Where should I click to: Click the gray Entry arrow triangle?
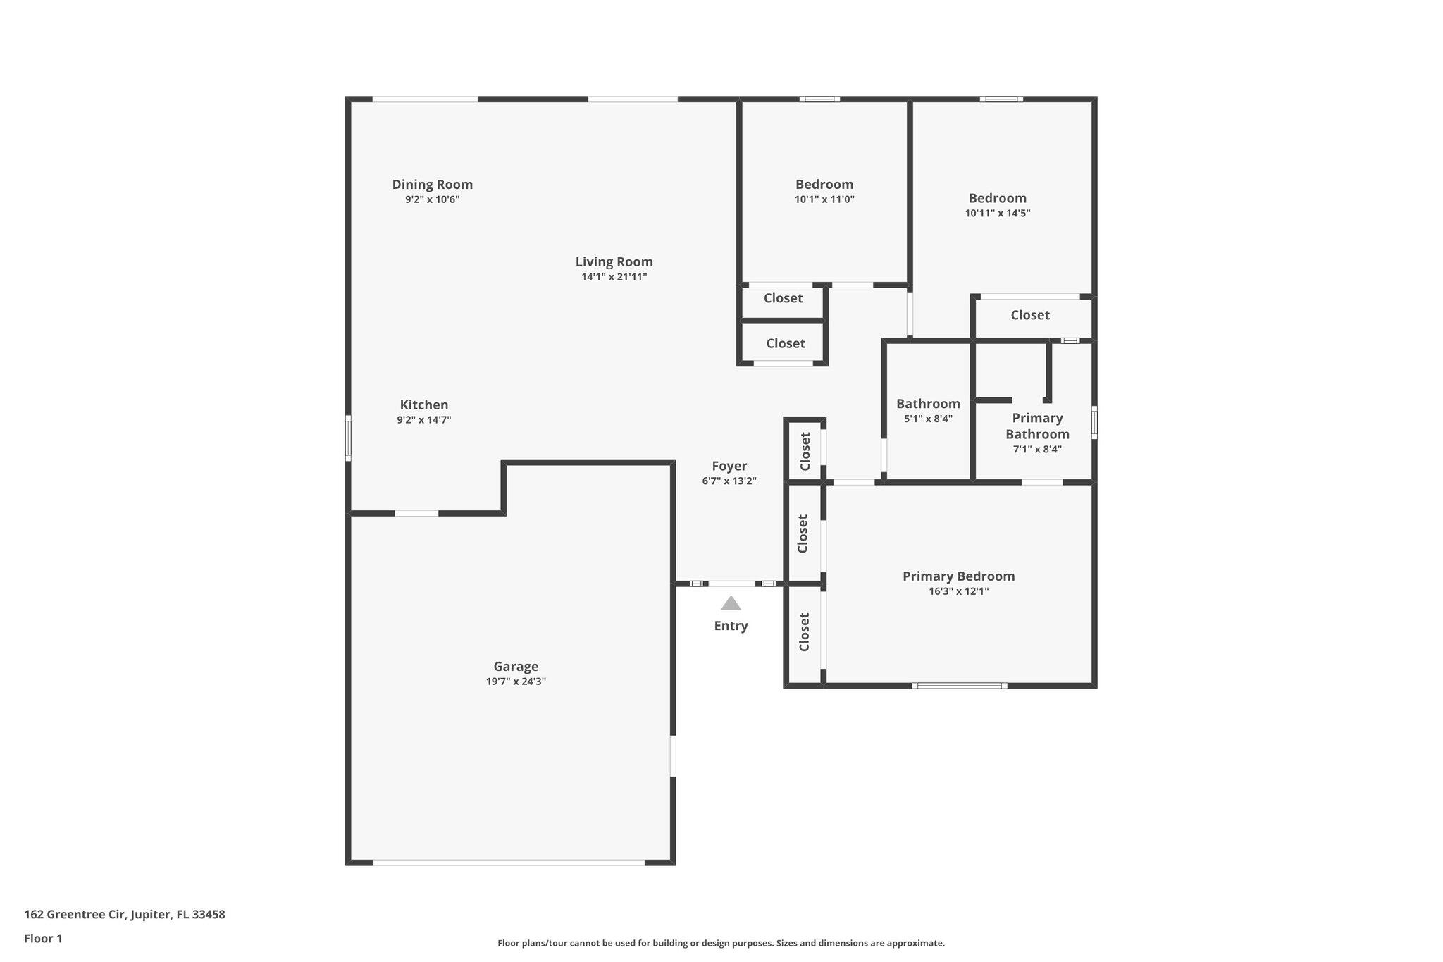[731, 604]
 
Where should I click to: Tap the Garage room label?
[516, 667]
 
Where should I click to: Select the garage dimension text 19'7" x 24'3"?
[516, 682]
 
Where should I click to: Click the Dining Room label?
[432, 185]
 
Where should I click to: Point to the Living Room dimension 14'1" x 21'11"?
[614, 277]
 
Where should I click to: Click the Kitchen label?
[423, 405]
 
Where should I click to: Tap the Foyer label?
[729, 467]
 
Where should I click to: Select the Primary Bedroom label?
[958, 576]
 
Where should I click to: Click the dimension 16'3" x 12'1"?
[958, 591]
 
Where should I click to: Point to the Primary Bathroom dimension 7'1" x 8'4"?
[1037, 450]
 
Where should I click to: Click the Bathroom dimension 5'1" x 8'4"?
[928, 419]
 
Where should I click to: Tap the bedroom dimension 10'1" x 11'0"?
[824, 199]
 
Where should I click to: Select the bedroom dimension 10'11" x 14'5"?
[997, 214]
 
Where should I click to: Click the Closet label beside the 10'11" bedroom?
[1029, 316]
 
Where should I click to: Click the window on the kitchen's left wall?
[348, 438]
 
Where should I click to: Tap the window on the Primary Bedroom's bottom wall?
[959, 685]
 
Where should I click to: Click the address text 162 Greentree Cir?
[125, 915]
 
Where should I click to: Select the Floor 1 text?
[43, 939]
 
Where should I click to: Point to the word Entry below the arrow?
[731, 626]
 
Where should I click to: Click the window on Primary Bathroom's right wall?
[1094, 422]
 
